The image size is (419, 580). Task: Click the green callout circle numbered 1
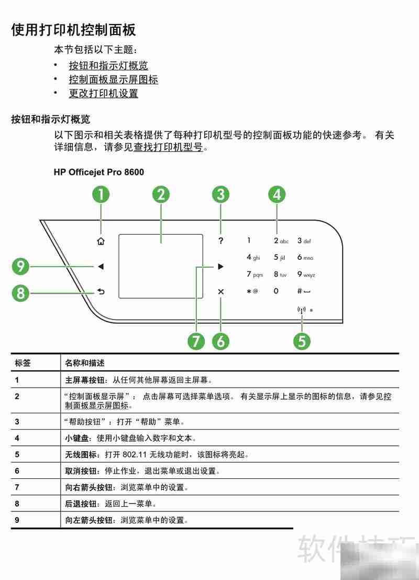[101, 194]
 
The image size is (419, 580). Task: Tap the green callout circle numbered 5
[302, 341]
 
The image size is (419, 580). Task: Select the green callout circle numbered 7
[196, 341]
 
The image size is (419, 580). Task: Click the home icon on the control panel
[101, 242]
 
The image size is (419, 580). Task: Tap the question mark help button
[220, 241]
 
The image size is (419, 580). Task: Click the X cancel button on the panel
[220, 291]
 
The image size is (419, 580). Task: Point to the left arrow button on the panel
[101, 267]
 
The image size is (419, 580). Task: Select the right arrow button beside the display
[220, 267]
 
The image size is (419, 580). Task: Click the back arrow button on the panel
[101, 291]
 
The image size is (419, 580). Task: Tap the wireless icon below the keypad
[301, 310]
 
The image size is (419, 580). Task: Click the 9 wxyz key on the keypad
[306, 274]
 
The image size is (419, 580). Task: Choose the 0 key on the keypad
[275, 291]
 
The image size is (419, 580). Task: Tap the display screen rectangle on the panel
[160, 266]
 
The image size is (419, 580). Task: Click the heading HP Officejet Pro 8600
[98, 172]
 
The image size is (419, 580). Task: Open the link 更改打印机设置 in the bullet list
[103, 94]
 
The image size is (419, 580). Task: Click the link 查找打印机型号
[168, 148]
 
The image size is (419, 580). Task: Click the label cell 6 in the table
[17, 471]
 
